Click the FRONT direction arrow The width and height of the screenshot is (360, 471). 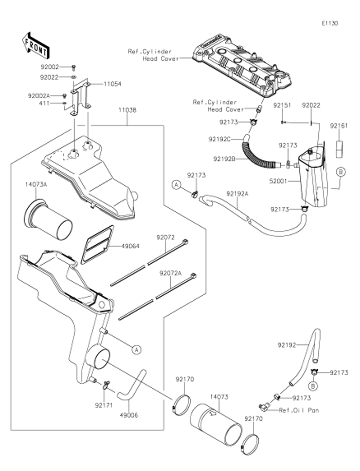click(35, 45)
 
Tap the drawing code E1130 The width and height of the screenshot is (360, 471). click(330, 23)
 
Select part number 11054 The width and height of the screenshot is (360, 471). click(113, 84)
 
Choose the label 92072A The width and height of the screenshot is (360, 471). click(171, 273)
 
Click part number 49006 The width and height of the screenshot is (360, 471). click(129, 414)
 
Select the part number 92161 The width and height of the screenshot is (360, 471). click(339, 125)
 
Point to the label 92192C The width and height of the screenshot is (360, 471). click(220, 139)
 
